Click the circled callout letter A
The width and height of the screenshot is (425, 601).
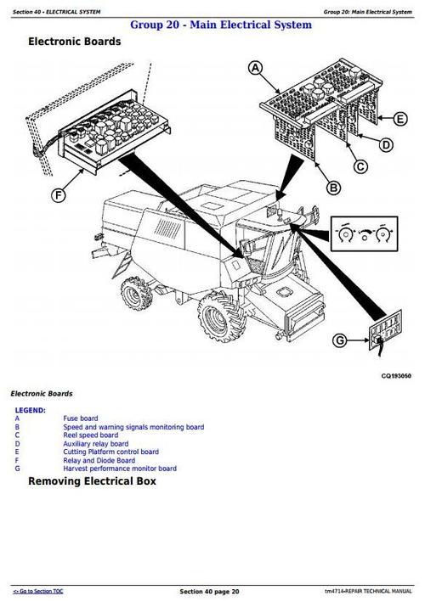pyautogui.click(x=257, y=70)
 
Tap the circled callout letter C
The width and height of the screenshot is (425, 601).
pyautogui.click(x=360, y=166)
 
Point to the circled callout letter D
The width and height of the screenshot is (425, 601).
pyautogui.click(x=386, y=146)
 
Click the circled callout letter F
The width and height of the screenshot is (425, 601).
pyautogui.click(x=59, y=196)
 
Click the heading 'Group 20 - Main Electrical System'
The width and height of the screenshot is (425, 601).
pyautogui.click(x=220, y=25)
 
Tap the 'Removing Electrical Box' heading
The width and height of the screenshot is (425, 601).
pyautogui.click(x=92, y=481)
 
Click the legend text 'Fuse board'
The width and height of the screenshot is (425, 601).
pyautogui.click(x=80, y=418)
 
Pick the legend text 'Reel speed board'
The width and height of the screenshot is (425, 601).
pyautogui.click(x=90, y=435)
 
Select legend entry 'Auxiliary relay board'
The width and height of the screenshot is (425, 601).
pyautogui.click(x=95, y=444)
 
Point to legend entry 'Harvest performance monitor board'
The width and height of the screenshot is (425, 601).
pyautogui.click(x=119, y=469)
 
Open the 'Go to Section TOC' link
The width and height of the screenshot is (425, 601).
pyautogui.click(x=37, y=591)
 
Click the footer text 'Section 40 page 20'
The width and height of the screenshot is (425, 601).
pyautogui.click(x=209, y=591)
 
